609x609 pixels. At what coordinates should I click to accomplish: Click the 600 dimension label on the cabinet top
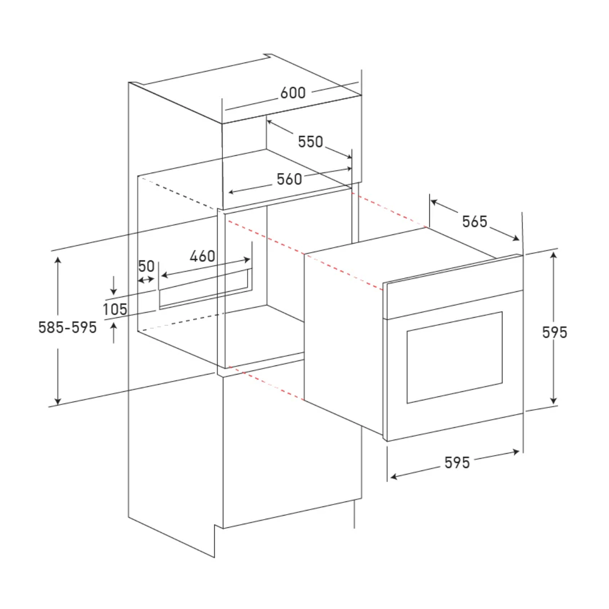pyautogui.click(x=293, y=92)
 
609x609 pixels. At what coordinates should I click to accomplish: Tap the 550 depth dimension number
pyautogui.click(x=311, y=142)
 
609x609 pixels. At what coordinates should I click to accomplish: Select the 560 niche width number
pyautogui.click(x=289, y=179)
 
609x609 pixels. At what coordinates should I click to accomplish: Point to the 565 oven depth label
pyautogui.click(x=475, y=222)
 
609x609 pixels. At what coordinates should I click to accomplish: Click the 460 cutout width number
pyautogui.click(x=202, y=256)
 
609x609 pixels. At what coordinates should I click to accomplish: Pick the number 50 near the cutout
pyautogui.click(x=146, y=266)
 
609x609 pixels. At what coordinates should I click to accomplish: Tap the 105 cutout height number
pyautogui.click(x=115, y=309)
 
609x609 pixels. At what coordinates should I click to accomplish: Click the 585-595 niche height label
pyautogui.click(x=67, y=327)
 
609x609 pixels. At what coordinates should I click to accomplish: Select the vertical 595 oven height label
pyautogui.click(x=555, y=332)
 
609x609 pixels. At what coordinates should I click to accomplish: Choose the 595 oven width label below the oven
pyautogui.click(x=457, y=463)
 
